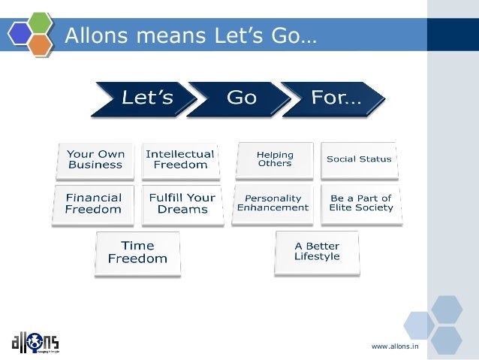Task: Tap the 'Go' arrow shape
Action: click(x=241, y=98)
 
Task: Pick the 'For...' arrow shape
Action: click(x=335, y=98)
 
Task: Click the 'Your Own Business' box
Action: click(x=96, y=159)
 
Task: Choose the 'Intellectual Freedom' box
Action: click(x=180, y=159)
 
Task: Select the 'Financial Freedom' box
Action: click(x=93, y=204)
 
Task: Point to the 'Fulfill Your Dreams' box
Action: click(x=182, y=204)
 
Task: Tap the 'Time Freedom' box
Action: click(x=137, y=253)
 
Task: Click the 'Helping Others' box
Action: click(x=275, y=159)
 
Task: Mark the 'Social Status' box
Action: click(x=359, y=159)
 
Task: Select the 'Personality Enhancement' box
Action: click(x=273, y=204)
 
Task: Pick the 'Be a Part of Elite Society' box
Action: click(x=361, y=204)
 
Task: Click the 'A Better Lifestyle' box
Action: click(x=317, y=251)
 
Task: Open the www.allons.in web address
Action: click(x=395, y=346)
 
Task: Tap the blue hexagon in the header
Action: click(x=20, y=35)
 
